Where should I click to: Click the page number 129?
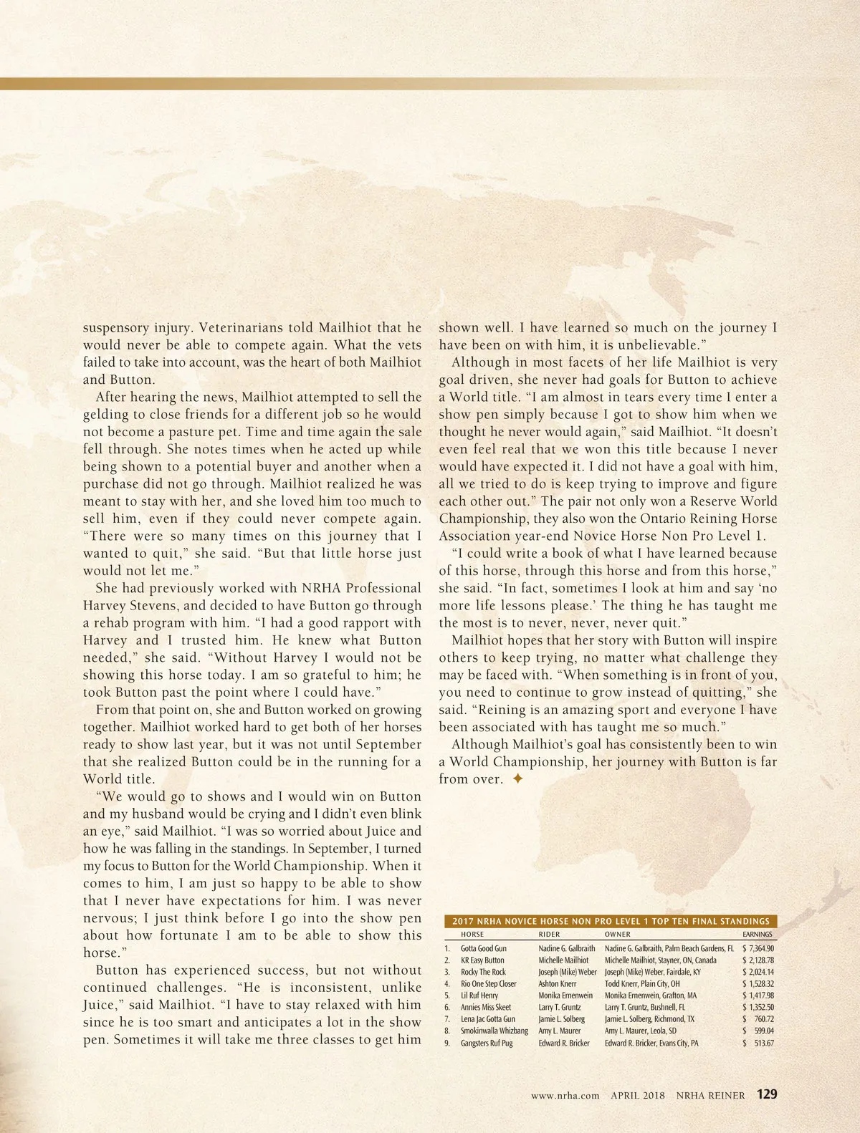pos(766,1094)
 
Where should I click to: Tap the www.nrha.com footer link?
pos(565,1095)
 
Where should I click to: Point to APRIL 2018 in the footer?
pos(638,1095)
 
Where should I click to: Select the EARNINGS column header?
pos(758,934)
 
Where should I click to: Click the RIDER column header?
pos(549,934)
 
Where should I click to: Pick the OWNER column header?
pos(618,934)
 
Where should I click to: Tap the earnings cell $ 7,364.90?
pos(758,948)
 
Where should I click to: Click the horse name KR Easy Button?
pos(482,960)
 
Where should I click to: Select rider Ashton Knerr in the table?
pos(558,984)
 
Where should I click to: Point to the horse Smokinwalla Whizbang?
pos(494,1031)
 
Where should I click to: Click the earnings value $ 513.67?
pos(758,1043)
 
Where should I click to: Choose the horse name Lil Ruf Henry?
pos(479,995)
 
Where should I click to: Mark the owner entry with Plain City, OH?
pos(642,984)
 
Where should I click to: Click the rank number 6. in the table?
pos(447,1007)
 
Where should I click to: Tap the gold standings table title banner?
pos(611,921)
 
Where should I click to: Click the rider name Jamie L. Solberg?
pos(562,1019)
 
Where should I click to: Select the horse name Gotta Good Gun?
pos(484,948)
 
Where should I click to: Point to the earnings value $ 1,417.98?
pos(758,995)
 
